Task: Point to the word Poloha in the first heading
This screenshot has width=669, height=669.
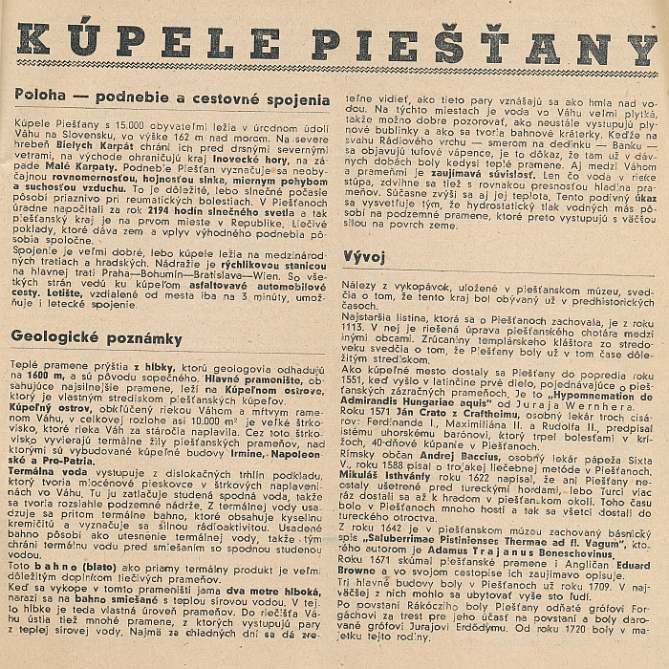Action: point(40,98)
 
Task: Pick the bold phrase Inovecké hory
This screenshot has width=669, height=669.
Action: point(261,153)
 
